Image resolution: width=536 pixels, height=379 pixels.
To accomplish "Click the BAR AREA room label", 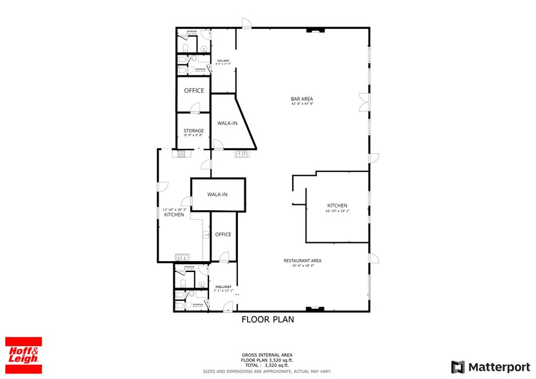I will [302, 99].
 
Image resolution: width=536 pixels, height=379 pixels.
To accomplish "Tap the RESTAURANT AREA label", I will [303, 260].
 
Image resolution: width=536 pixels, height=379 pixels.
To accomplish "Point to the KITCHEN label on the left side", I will [174, 215].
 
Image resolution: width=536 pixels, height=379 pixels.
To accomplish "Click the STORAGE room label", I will [194, 131].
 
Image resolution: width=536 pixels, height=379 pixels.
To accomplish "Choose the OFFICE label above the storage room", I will [194, 91].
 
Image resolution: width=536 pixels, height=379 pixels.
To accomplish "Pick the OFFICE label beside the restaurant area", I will [223, 235].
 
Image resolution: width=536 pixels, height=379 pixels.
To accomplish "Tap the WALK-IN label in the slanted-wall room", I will [226, 122].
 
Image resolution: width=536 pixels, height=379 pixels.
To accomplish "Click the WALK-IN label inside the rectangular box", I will [217, 194].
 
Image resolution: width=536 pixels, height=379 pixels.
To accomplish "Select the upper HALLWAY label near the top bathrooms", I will [223, 61].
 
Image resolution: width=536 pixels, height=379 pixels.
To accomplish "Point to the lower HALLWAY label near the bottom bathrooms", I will [223, 287].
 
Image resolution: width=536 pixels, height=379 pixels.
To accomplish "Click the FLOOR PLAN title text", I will [268, 319].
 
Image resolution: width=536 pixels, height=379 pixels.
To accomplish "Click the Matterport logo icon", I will [457, 367].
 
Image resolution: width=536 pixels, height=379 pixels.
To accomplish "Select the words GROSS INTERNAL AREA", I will [267, 355].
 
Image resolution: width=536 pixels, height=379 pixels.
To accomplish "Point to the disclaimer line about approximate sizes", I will [267, 371].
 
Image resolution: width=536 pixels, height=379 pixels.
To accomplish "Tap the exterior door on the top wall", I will [246, 23].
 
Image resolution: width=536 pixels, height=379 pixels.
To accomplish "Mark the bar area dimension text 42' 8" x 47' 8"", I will [302, 104].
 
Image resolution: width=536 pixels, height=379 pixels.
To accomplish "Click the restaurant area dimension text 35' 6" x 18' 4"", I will [303, 266].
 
